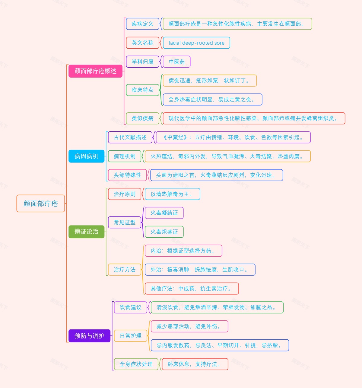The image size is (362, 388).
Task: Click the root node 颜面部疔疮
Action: pos(40,204)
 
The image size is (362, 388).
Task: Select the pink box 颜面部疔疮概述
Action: pos(95,71)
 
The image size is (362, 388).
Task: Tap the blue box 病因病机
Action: pos(86,156)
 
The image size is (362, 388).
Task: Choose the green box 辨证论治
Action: pos(86,232)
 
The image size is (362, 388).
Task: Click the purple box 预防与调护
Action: pos(89,335)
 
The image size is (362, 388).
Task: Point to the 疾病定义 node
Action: pos(142,24)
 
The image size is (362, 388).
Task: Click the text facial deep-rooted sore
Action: pos(196,43)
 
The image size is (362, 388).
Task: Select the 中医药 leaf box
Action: pos(176,62)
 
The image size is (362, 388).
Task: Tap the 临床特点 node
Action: pos(142,90)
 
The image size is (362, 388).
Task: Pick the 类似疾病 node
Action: pos(142,118)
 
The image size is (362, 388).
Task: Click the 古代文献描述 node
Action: pos(130,137)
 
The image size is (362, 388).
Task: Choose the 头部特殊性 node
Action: pos(127,175)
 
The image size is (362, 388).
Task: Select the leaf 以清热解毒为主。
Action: pos(172,194)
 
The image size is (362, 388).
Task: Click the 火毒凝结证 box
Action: pos(164,213)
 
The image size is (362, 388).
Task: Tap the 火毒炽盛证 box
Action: pos(164,232)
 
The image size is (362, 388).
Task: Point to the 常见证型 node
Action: pos(125,223)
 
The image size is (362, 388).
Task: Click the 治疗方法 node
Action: pos(125,270)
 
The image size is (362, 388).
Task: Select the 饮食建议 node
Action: pos(130,307)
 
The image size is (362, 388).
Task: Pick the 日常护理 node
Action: pos(130,336)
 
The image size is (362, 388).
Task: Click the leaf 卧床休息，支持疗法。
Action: pos(195,364)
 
